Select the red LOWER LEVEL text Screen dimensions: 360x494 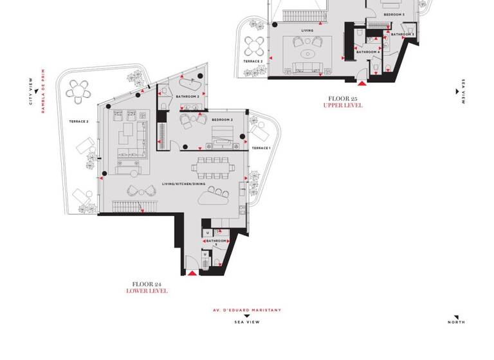point(147,291)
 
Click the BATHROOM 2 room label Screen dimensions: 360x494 point(170,96)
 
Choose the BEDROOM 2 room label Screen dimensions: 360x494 point(222,120)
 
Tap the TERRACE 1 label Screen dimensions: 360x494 point(261,148)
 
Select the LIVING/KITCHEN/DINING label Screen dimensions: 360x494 point(184,185)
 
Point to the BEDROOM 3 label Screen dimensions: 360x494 point(394,14)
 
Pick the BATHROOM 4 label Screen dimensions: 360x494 point(368,51)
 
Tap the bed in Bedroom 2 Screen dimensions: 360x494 point(223,134)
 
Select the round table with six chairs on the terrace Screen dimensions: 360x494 point(78,91)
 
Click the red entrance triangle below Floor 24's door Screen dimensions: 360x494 point(192,274)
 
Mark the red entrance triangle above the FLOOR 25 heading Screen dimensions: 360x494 point(362,82)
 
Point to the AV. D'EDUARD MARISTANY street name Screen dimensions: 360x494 point(247,310)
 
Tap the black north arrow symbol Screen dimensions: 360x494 point(455,316)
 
